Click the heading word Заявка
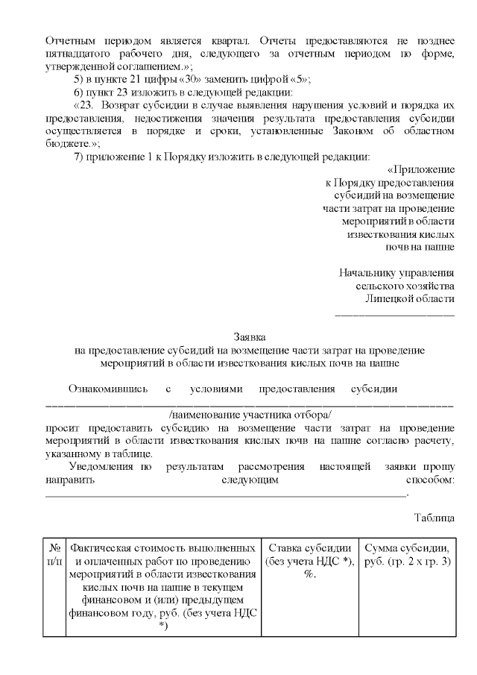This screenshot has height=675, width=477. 249,337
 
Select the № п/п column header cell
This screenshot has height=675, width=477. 54,555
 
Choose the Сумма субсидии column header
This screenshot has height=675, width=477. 408,555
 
